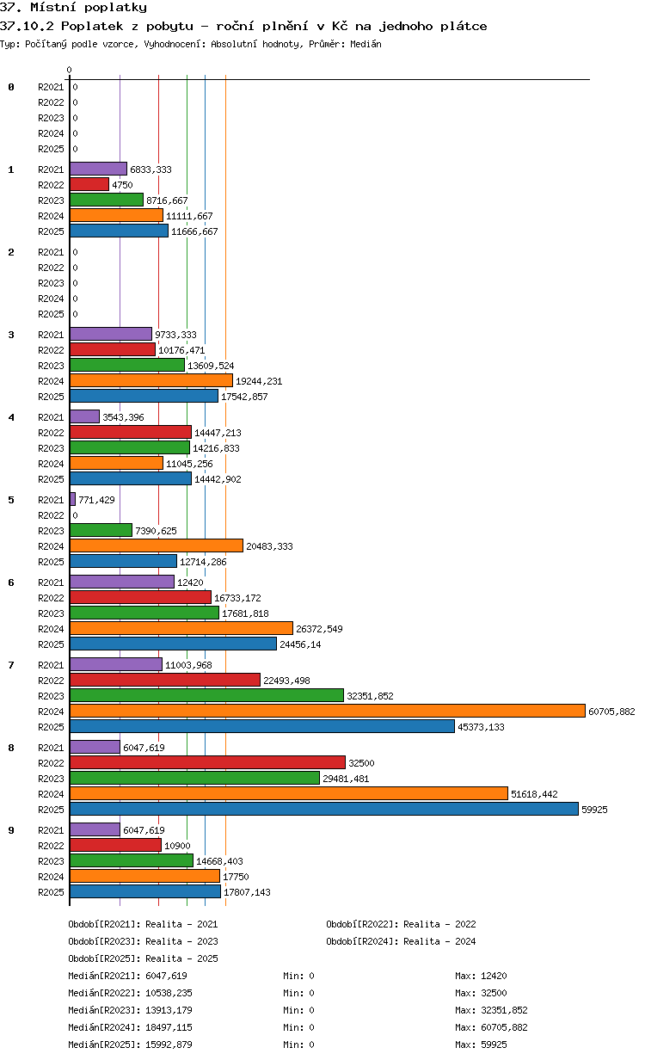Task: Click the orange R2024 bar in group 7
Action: click(x=327, y=711)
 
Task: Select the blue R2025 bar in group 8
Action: click(x=323, y=809)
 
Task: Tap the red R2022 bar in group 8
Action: click(x=207, y=762)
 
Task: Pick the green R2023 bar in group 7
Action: click(x=206, y=695)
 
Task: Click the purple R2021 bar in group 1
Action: click(x=98, y=169)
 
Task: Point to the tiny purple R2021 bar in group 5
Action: click(x=73, y=499)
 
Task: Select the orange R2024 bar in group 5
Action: click(x=156, y=545)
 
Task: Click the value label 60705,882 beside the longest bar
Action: click(x=611, y=712)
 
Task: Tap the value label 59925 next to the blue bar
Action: click(x=595, y=810)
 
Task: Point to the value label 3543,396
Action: click(x=126, y=417)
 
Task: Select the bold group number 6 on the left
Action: click(x=11, y=582)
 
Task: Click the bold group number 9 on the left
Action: click(x=11, y=830)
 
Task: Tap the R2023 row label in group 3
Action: click(x=51, y=366)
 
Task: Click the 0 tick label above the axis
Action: click(x=70, y=70)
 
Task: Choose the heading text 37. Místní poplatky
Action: click(x=73, y=8)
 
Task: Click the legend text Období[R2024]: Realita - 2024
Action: click(x=401, y=941)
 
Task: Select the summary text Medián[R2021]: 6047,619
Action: click(x=127, y=976)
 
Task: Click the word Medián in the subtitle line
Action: click(x=365, y=44)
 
